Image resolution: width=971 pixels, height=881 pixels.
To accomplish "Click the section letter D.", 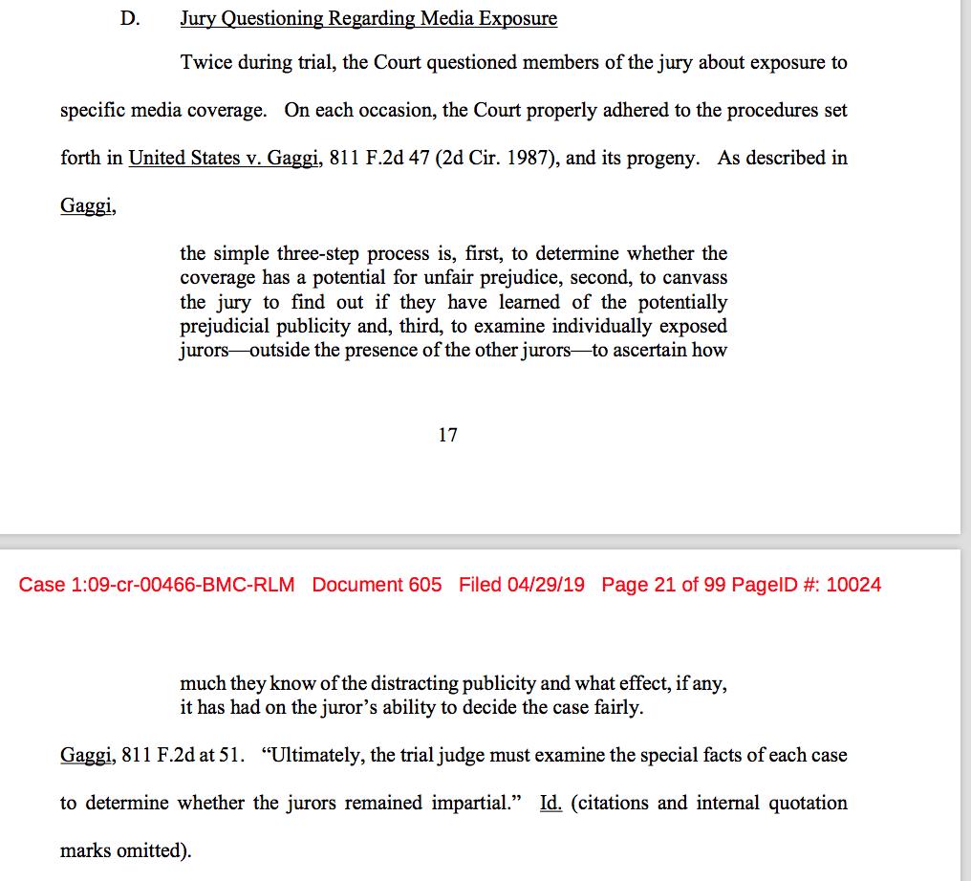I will pyautogui.click(x=130, y=18).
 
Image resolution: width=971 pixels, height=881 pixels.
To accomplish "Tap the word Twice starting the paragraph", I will pyautogui.click(x=205, y=63).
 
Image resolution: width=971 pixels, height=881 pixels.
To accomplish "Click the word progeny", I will pyautogui.click(x=672, y=158).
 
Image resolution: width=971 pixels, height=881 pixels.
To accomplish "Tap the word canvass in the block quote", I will pyautogui.click(x=694, y=278).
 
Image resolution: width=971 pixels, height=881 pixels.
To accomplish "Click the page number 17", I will pyautogui.click(x=447, y=436).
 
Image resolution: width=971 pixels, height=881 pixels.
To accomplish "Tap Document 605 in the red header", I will pyautogui.click(x=377, y=584).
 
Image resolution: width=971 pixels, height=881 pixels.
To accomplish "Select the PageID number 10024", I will pyautogui.click(x=852, y=584).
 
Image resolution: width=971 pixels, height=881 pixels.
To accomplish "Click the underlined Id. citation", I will pyautogui.click(x=550, y=803).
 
